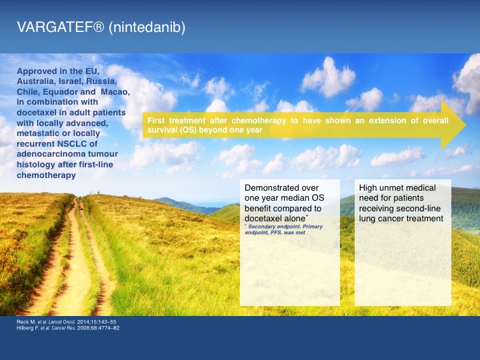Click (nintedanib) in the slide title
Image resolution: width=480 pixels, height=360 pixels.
click(x=147, y=27)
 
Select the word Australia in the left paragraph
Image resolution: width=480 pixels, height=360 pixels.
click(x=34, y=81)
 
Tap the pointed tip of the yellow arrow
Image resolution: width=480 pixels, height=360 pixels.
click(x=466, y=125)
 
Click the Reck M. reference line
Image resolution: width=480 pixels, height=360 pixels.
click(x=67, y=322)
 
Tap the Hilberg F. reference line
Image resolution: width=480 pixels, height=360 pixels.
click(x=68, y=328)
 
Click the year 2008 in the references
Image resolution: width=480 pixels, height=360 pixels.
click(x=83, y=328)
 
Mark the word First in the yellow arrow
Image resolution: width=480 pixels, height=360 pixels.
click(x=156, y=121)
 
